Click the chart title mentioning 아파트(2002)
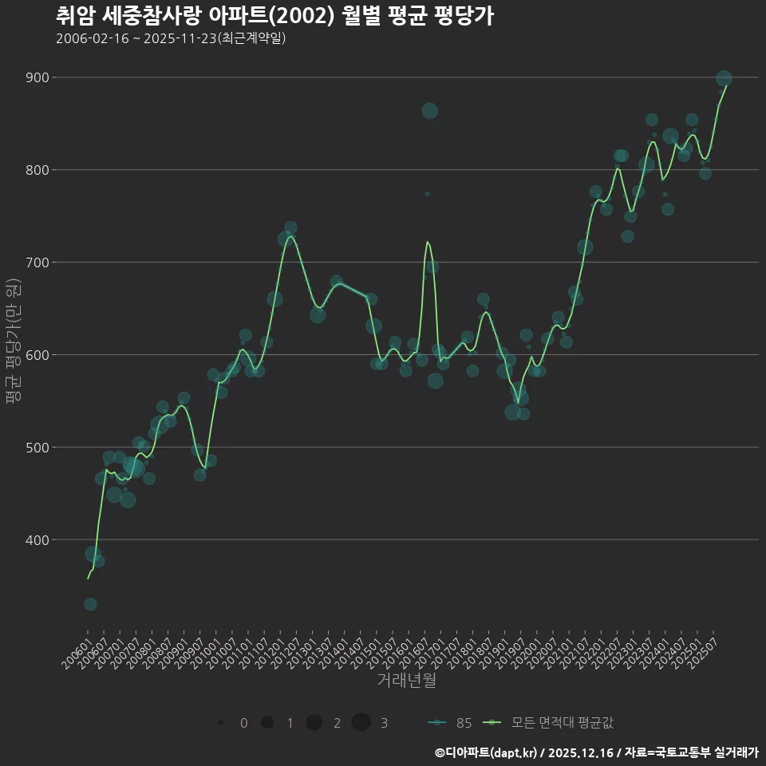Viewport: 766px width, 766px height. [274, 16]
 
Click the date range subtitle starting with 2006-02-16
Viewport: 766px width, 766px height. [171, 38]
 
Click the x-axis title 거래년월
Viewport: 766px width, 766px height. [406, 681]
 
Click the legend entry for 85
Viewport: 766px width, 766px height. [451, 723]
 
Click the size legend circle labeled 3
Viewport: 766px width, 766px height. [361, 722]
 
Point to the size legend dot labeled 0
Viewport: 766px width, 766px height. [219, 722]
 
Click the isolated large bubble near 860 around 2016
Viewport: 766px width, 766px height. [429, 111]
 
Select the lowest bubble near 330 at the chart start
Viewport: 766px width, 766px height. [90, 604]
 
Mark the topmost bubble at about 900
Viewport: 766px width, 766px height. [724, 78]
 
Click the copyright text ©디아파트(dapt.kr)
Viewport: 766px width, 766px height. [486, 752]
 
